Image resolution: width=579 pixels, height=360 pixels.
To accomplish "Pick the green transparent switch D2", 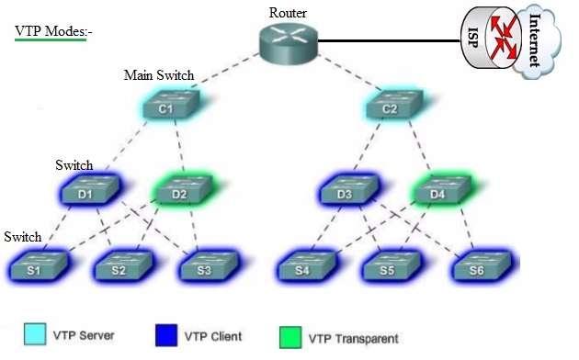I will pyautogui.click(x=179, y=194).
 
